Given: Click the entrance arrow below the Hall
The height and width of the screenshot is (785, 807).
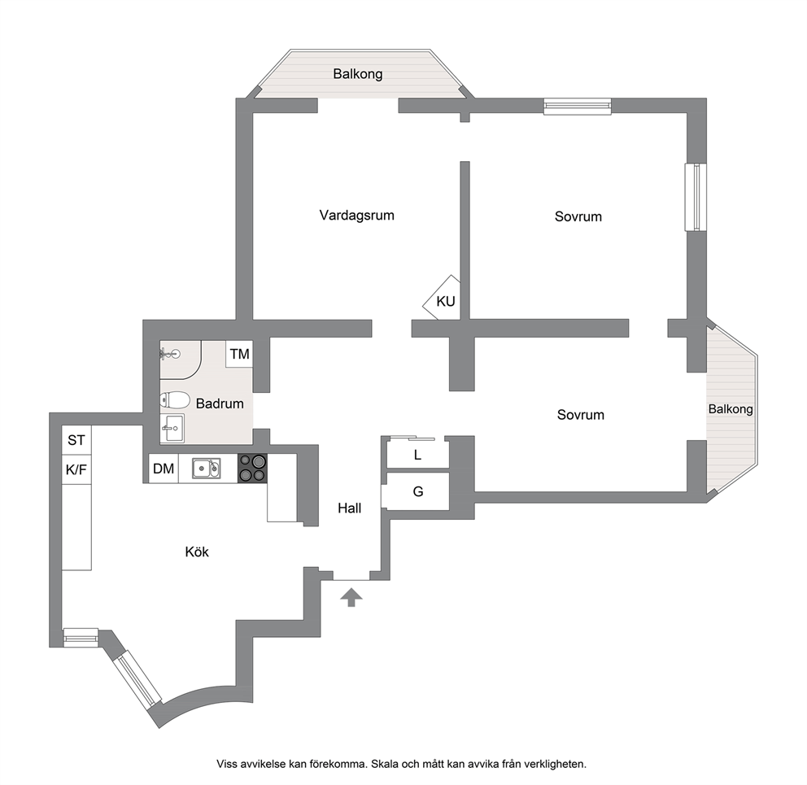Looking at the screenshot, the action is click(x=351, y=597).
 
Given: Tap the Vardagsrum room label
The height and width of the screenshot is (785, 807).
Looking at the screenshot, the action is click(x=356, y=216).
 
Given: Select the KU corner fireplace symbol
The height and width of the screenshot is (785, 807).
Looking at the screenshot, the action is click(x=442, y=298).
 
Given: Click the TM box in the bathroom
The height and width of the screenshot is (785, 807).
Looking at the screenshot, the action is click(x=239, y=354).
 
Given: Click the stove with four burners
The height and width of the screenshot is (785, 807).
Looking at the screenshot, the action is click(x=252, y=468).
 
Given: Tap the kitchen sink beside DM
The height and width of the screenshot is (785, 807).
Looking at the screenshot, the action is click(x=207, y=469).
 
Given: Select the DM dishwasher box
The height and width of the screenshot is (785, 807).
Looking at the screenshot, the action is click(x=164, y=469).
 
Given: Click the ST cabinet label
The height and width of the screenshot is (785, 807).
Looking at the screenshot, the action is click(x=76, y=440).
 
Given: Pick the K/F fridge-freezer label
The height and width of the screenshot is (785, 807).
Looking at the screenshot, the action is click(x=76, y=469).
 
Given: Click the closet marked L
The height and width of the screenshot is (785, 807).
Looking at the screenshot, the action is click(x=418, y=454).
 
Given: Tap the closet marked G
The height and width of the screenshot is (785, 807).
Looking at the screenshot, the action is click(x=418, y=491).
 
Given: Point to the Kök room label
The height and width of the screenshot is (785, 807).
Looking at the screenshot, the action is click(x=197, y=552).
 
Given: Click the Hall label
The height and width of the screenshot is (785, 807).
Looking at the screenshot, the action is click(x=350, y=508).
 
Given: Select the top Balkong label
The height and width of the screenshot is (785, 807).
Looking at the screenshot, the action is click(x=358, y=73).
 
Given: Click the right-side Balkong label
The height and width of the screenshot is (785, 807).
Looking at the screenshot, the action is click(x=731, y=408).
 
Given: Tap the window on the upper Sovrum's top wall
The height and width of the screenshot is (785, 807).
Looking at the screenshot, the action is click(x=578, y=106).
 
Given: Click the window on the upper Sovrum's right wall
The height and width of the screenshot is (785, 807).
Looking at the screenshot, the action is click(x=696, y=197).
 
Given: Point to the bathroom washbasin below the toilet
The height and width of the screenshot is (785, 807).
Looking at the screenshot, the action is click(x=172, y=428).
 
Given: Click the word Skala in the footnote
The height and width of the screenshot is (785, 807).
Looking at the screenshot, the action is click(x=385, y=764).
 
